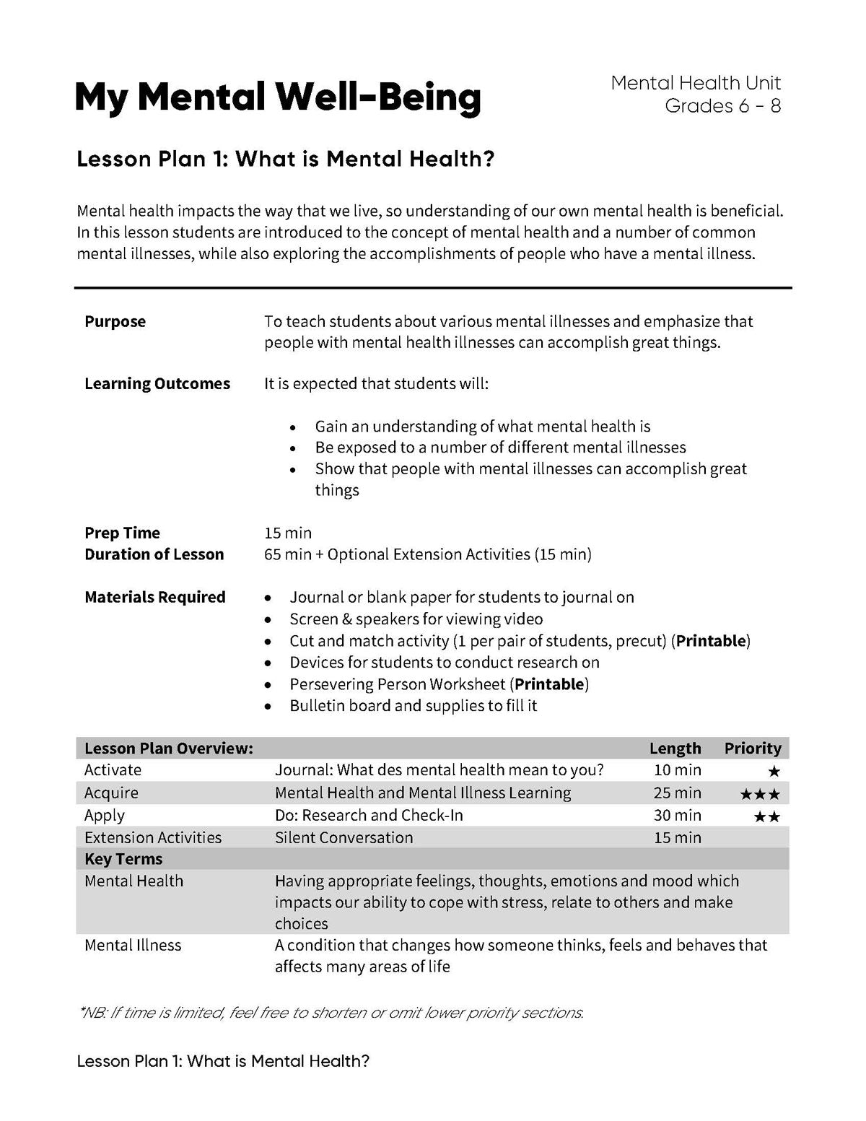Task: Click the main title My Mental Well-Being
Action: click(277, 97)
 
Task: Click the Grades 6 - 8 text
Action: click(722, 106)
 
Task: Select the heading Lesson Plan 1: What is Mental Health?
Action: click(286, 159)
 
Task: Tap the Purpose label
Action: click(115, 321)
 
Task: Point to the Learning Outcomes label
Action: click(157, 383)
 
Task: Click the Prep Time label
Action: click(122, 533)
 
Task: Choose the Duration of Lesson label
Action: click(154, 554)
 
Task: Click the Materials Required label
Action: click(154, 597)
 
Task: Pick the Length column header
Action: click(675, 748)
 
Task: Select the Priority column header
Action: click(753, 748)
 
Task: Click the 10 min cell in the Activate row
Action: click(677, 770)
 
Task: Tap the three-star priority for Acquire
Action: click(760, 795)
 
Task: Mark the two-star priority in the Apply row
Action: click(766, 817)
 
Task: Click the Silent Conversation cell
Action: click(344, 837)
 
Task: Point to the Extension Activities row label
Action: click(153, 837)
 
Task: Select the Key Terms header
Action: click(123, 859)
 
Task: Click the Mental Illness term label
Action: click(133, 945)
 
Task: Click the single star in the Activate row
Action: click(774, 772)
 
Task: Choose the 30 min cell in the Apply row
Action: click(677, 815)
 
